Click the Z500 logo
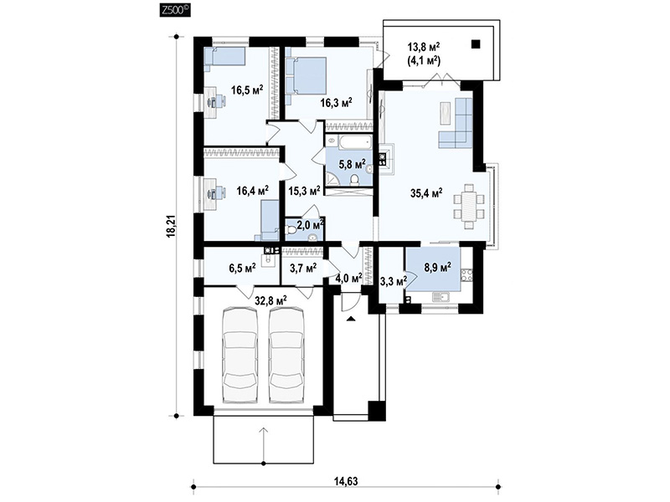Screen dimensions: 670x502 click(175, 10)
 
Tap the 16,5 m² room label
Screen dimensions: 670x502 click(247, 90)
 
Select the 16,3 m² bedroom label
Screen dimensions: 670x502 click(337, 102)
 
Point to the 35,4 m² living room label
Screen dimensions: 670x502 click(426, 193)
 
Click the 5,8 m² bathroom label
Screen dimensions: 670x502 click(352, 164)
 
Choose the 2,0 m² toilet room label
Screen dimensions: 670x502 click(311, 224)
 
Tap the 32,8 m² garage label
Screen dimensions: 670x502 click(271, 300)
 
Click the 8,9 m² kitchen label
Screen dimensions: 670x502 click(437, 268)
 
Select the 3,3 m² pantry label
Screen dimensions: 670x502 click(394, 281)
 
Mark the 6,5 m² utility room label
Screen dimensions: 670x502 click(242, 268)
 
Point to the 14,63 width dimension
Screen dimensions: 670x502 click(346, 481)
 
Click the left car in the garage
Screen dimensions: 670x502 click(240, 356)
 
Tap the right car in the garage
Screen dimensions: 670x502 click(286, 356)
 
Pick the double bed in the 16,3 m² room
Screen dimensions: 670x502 click(306, 76)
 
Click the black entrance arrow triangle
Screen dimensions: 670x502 click(351, 318)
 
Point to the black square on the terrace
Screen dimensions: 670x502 click(476, 44)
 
